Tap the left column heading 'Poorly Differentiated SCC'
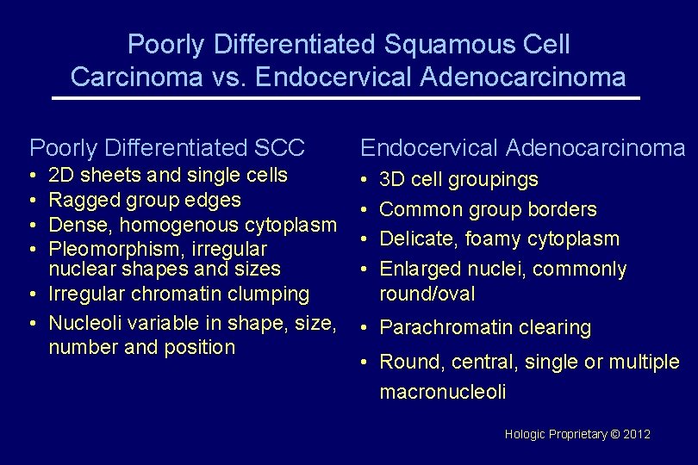[x=167, y=147]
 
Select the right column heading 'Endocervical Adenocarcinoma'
[x=522, y=147]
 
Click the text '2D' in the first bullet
[x=61, y=175]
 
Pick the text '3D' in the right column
[x=392, y=180]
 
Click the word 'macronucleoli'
[x=442, y=392]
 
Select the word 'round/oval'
[x=427, y=294]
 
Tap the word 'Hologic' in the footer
[x=526, y=434]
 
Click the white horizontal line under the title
[x=346, y=98]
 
